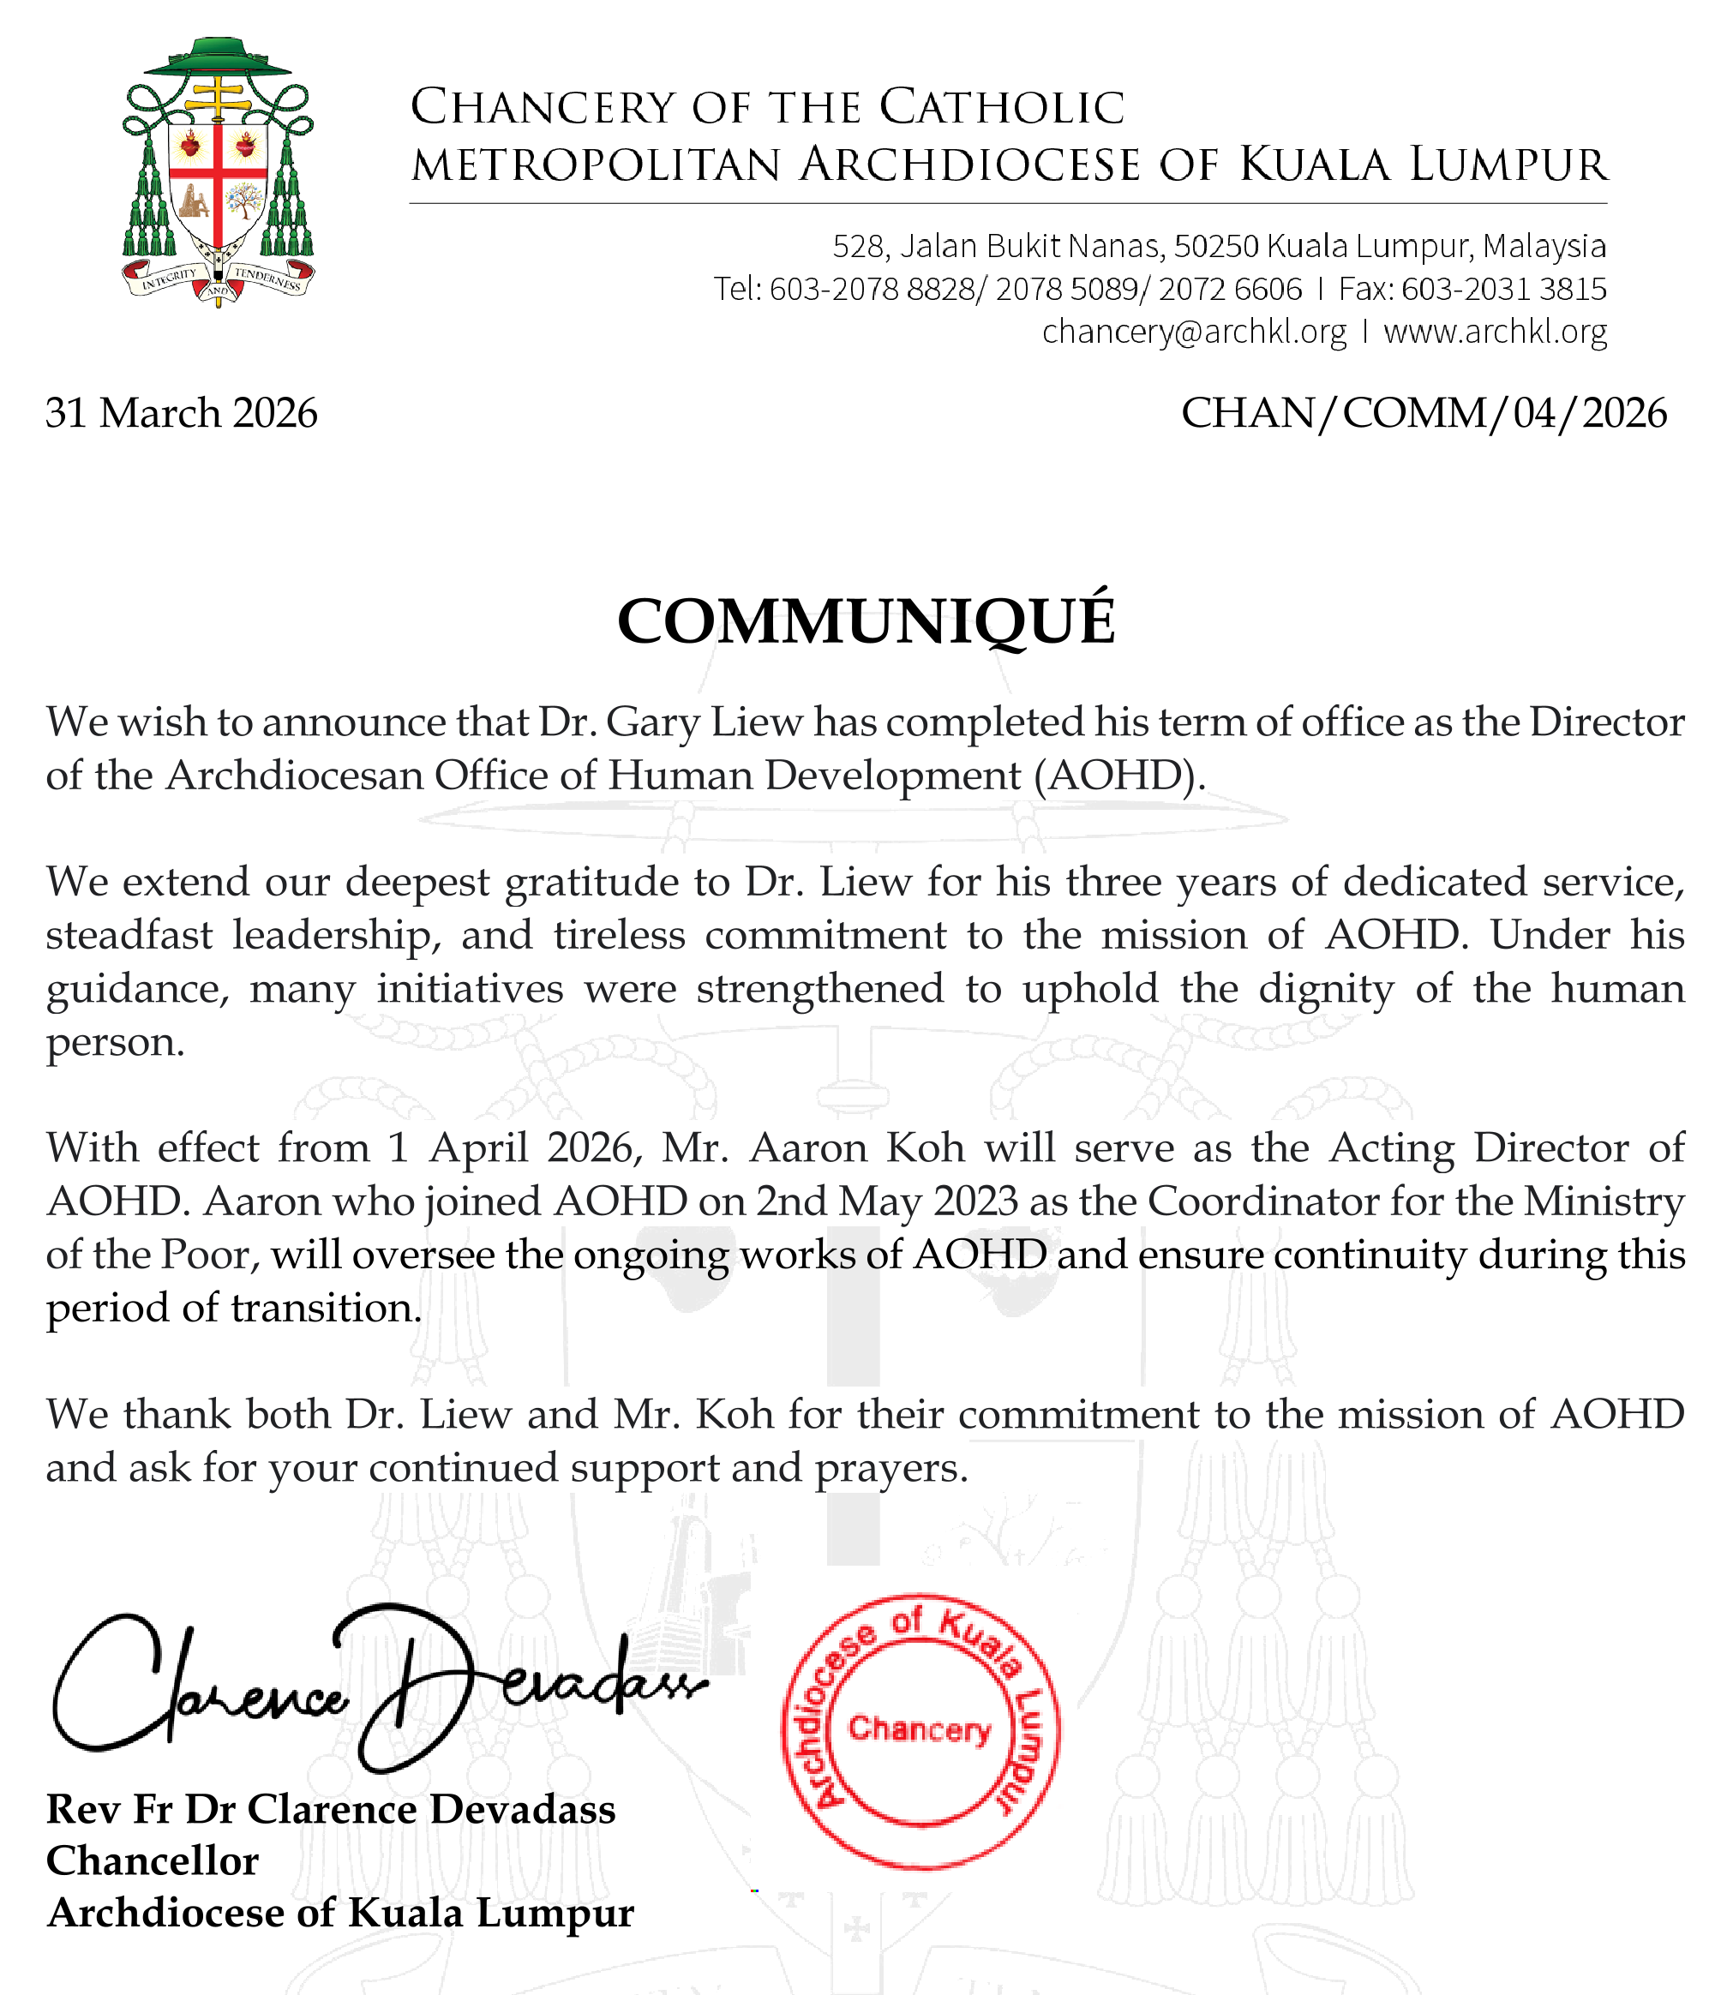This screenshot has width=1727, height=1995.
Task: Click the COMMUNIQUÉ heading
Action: coord(866,620)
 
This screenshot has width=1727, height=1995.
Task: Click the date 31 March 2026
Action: coord(181,413)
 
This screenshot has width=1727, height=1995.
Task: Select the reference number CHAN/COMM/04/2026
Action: coord(1424,413)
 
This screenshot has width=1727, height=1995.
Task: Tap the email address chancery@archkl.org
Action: coord(1194,332)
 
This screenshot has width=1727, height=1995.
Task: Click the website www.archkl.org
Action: coord(1495,332)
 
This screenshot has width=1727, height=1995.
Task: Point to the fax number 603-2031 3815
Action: coord(1503,289)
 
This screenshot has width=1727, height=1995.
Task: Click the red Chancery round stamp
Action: coord(920,1730)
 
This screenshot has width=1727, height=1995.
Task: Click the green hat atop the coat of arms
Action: coord(219,60)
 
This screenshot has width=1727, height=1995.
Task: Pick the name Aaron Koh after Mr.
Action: coord(857,1147)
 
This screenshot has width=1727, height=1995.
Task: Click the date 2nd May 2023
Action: coord(886,1201)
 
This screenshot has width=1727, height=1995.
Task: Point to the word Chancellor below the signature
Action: coord(153,1861)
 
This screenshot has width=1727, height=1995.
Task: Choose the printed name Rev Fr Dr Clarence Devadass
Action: coord(331,1809)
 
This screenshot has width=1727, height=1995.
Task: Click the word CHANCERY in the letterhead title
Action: coord(543,107)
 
